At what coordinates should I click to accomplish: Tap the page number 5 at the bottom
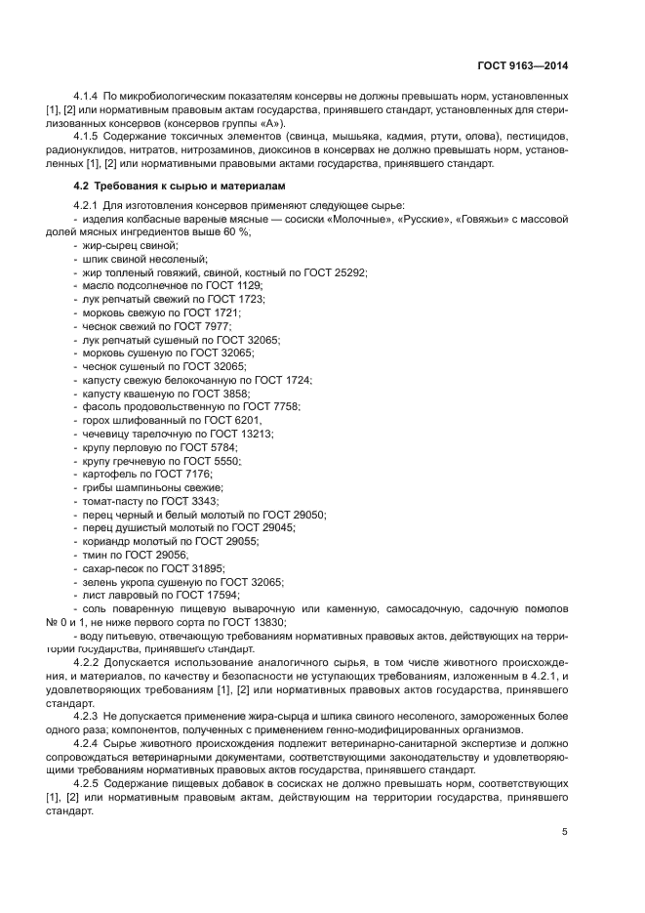[x=564, y=832]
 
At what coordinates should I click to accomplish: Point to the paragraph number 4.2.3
[x=88, y=716]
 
